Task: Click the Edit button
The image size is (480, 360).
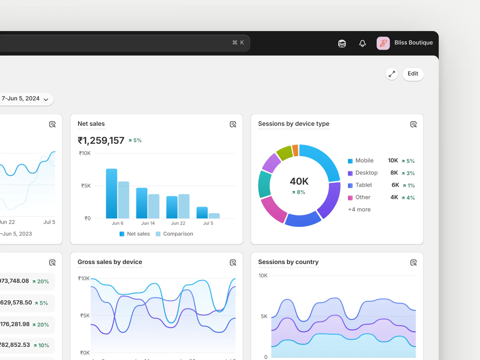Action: coord(413,74)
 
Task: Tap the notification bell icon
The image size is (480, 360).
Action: coord(362,43)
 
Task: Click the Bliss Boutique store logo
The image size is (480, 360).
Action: coord(383,43)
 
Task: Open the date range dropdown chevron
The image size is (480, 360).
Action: coord(46,99)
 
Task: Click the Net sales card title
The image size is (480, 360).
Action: coord(91,124)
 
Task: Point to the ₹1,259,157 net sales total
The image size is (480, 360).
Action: coord(101,140)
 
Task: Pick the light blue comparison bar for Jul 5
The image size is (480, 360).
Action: coord(214,216)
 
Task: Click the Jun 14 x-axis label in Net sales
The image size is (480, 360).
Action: coord(148,223)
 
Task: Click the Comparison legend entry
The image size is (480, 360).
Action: coord(174,234)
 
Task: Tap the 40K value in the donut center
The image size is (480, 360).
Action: coord(299,181)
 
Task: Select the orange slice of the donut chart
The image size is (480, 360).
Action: coord(295,150)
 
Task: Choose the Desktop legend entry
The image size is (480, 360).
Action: coord(366,173)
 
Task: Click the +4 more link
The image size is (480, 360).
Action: coord(359,209)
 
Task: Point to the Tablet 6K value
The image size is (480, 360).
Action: coord(395,185)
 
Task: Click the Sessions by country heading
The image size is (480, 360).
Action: coord(288,262)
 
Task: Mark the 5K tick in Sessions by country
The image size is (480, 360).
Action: coord(264,316)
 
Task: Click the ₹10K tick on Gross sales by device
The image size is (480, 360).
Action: coord(84,278)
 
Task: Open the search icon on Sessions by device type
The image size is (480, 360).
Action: coord(414,124)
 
